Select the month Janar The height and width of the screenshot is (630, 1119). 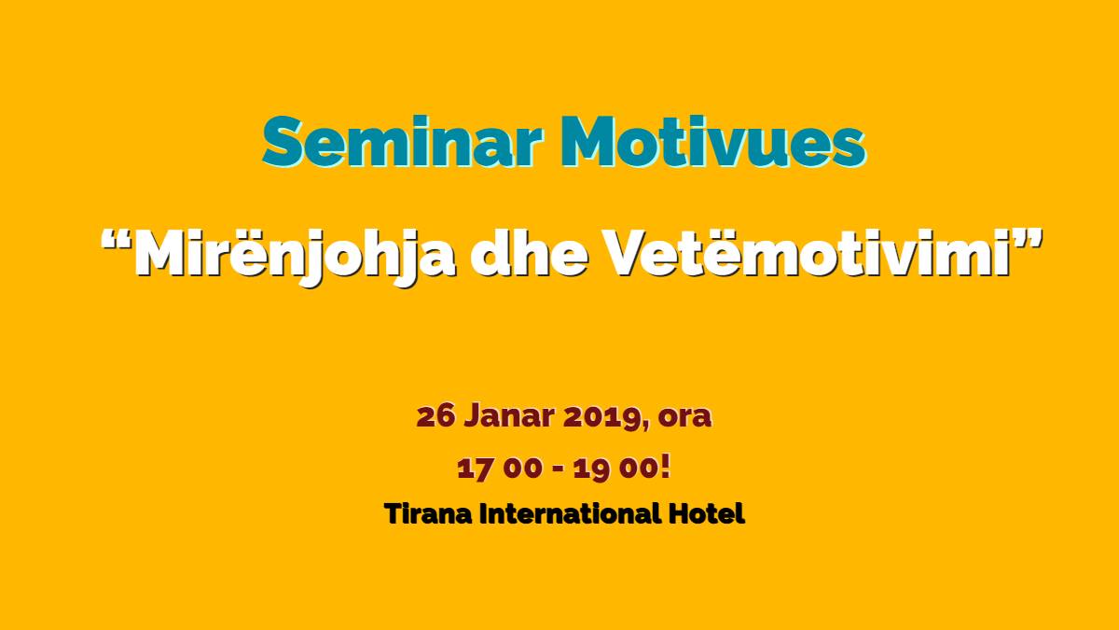click(x=509, y=416)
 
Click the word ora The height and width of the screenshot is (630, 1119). click(x=684, y=420)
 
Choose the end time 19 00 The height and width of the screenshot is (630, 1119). click(x=615, y=469)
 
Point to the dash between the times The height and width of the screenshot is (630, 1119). click(x=558, y=470)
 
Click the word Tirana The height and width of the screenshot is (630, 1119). click(x=428, y=514)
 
